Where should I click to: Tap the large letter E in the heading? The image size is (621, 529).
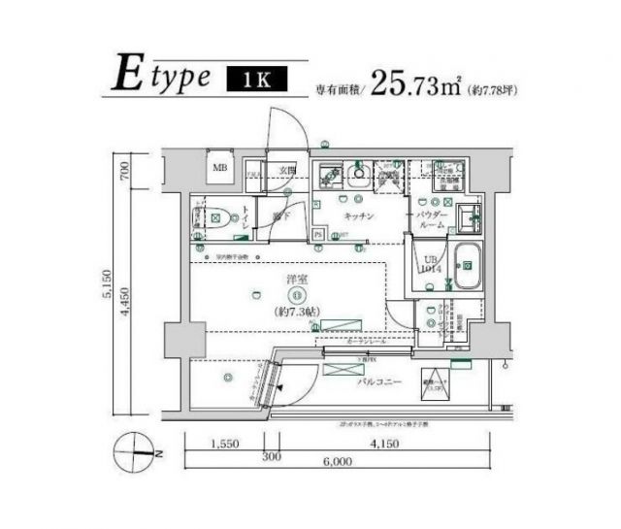click(124, 75)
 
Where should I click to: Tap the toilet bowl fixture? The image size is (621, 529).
click(221, 219)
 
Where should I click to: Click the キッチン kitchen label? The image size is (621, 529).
click(356, 218)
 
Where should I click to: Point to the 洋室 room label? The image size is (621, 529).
click(296, 280)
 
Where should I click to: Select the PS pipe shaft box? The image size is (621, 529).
click(318, 233)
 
